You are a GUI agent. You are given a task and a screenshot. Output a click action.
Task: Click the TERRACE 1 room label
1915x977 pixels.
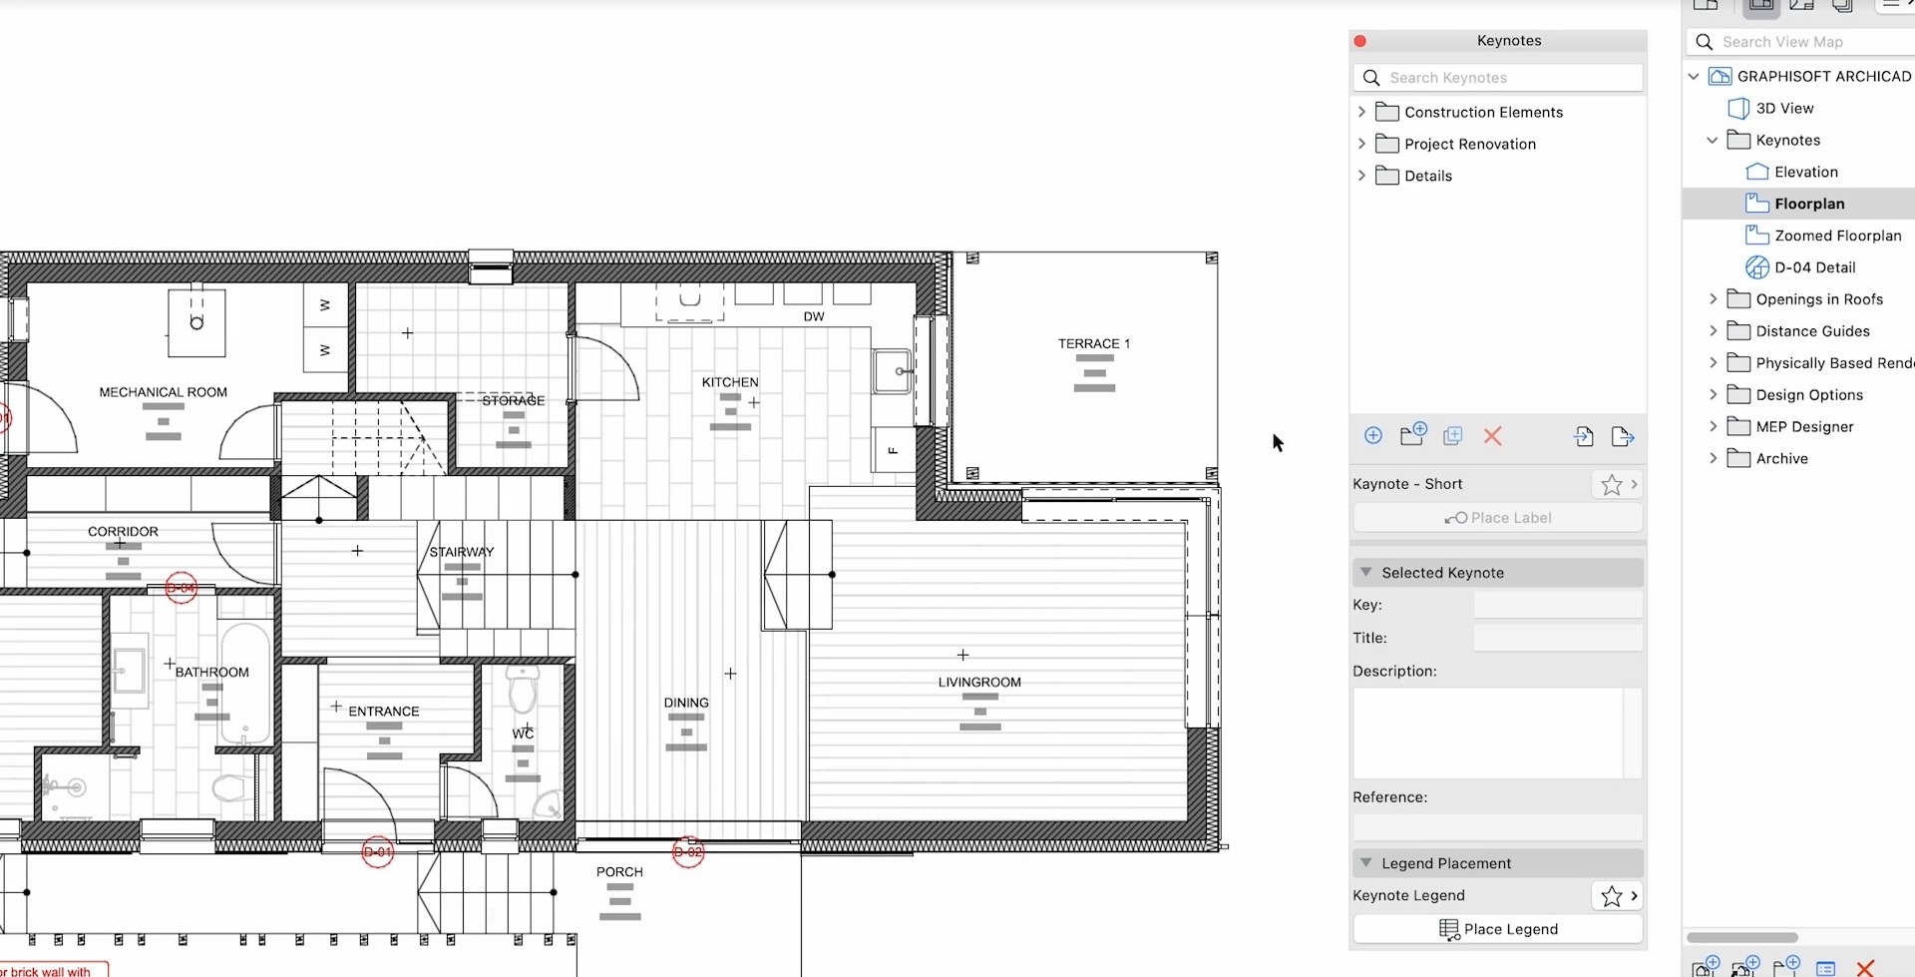click(1093, 343)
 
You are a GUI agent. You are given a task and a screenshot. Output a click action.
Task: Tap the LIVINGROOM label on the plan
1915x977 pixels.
click(978, 683)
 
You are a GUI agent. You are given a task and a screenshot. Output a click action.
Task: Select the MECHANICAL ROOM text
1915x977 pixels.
click(163, 392)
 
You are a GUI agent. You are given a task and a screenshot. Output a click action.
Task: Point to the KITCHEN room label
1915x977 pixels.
click(729, 382)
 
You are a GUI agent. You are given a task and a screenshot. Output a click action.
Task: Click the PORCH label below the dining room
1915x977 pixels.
click(619, 872)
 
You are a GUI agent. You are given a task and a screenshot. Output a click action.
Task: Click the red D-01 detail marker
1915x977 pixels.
click(377, 852)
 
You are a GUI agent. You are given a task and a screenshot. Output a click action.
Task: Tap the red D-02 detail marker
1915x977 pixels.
click(688, 852)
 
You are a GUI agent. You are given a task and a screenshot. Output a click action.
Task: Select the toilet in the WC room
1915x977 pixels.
click(523, 690)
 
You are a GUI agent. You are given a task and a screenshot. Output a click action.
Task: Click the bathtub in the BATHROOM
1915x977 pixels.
click(245, 684)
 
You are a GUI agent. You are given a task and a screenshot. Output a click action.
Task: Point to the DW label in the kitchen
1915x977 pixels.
click(814, 316)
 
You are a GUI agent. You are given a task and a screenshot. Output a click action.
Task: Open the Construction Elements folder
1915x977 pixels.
click(1482, 112)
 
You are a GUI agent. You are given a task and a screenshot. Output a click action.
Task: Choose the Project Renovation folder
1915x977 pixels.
click(1469, 144)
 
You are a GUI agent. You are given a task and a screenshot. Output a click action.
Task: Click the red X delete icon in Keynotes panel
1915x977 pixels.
click(1492, 436)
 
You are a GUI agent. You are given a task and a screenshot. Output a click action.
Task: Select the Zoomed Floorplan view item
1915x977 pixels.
click(1836, 236)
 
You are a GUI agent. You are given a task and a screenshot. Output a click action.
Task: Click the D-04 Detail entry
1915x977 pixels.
click(1813, 267)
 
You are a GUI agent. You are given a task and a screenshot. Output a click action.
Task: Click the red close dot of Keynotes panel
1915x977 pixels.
click(1359, 41)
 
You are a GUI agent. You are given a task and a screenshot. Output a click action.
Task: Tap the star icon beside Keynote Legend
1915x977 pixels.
click(1611, 896)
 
